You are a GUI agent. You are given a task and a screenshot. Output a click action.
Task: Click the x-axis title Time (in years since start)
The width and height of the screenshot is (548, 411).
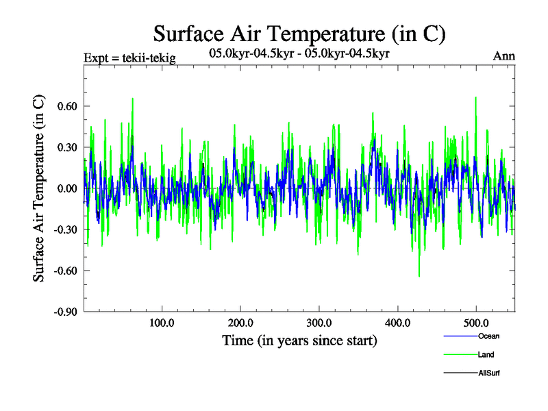tap(299, 340)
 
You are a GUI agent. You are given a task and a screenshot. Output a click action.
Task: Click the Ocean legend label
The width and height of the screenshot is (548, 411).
tap(487, 336)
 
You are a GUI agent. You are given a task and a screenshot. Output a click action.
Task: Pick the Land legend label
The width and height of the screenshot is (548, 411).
tap(486, 355)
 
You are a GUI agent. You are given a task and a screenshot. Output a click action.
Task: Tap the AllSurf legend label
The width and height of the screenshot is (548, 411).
tap(489, 373)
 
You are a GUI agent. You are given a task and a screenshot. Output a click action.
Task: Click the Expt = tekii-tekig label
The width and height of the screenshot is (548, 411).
tap(129, 58)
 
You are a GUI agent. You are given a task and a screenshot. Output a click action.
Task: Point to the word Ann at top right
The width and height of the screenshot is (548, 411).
tap(503, 57)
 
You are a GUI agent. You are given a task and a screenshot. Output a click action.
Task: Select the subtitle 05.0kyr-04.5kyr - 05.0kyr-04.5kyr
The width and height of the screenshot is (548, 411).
tap(299, 53)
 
